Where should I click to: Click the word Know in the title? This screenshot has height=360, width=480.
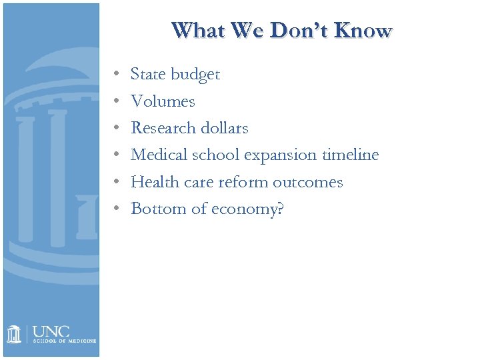[363, 31]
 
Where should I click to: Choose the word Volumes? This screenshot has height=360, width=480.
[163, 101]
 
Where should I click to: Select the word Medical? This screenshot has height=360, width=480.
[158, 155]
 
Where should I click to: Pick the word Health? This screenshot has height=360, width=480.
[153, 181]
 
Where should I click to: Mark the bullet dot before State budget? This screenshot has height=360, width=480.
[116, 75]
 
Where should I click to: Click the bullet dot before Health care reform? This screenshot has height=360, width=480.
[116, 182]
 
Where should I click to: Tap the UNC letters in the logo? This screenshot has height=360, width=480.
[51, 331]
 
